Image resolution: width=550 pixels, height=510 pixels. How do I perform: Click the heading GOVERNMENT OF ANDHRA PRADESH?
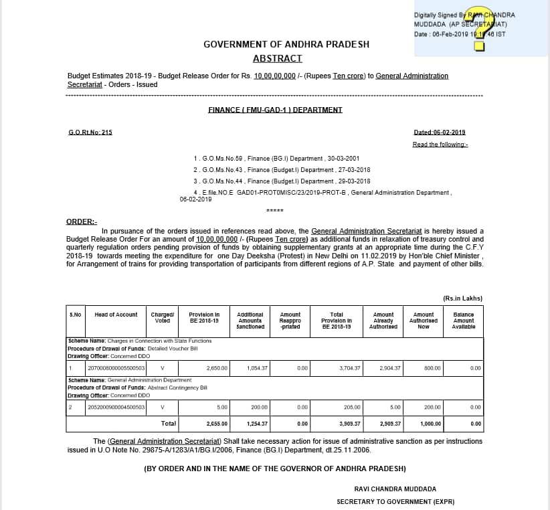coord(286,44)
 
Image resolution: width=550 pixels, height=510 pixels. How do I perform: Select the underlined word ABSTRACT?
coord(277,59)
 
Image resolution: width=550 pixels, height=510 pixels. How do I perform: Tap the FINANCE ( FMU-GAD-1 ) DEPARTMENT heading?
coord(275,110)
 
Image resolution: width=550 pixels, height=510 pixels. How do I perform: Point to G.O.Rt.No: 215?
coord(90,133)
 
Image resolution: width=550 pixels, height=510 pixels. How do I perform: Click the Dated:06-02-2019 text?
coord(440,133)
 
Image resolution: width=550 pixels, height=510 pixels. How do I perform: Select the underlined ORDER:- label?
coord(82,221)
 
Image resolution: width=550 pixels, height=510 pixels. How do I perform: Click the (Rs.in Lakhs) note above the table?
coord(463,298)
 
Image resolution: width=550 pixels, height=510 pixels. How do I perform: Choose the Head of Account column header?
coord(116,315)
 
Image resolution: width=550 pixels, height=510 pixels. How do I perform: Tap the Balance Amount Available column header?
coord(463,321)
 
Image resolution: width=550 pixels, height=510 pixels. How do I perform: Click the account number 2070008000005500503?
coord(116,368)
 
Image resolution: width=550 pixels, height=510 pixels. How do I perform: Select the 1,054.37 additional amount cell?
coord(257,368)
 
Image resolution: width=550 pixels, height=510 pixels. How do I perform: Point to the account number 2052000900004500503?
coord(116,407)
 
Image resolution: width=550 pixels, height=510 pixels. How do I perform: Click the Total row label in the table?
coord(169,424)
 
